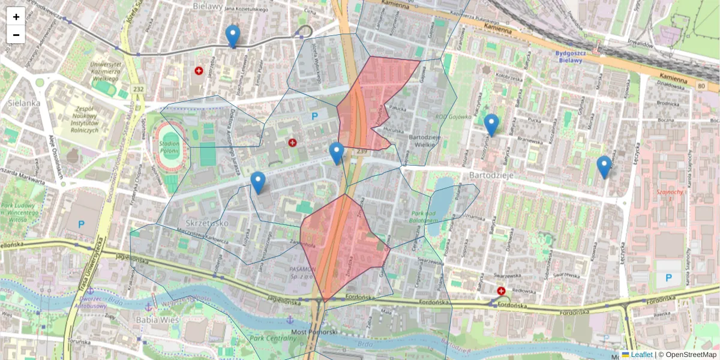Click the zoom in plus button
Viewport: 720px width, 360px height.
16,16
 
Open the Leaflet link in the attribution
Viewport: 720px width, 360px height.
641,355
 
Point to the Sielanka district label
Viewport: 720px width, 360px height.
24,103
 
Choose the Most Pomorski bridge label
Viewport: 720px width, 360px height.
314,331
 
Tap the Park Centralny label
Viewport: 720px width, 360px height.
273,338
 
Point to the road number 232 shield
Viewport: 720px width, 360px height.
139,89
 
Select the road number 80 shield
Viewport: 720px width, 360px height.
701,87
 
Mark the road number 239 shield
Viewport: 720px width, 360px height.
361,152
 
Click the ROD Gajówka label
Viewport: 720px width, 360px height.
453,117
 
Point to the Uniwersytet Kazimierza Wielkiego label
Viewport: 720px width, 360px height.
106,71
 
